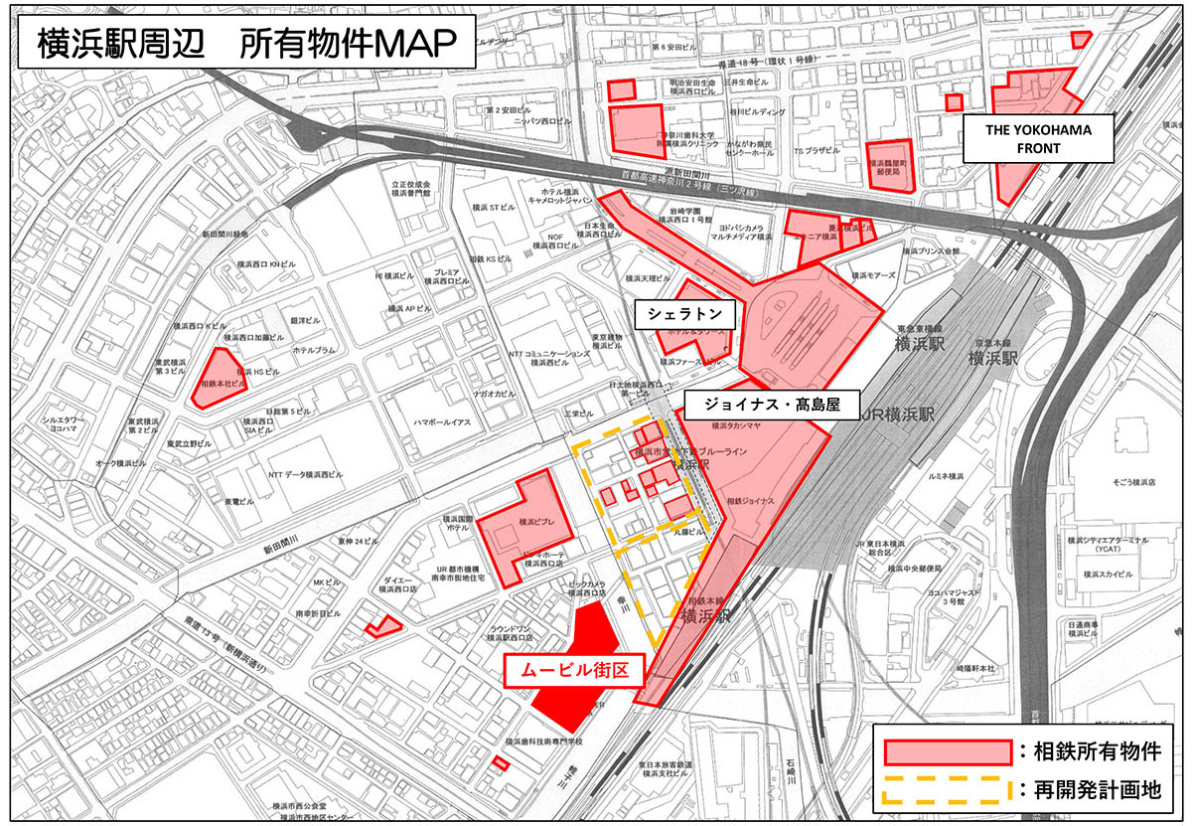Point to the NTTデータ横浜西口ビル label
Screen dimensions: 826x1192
coord(305,474)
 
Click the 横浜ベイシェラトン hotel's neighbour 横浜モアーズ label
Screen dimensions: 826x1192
coord(875,277)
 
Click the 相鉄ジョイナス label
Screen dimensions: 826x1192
coord(750,502)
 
